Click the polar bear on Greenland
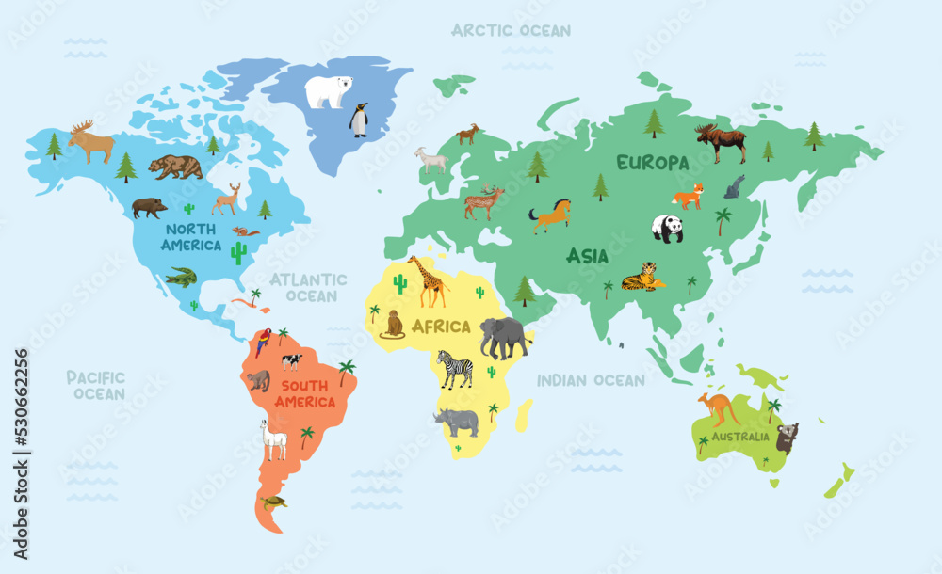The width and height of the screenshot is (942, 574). (x=329, y=91)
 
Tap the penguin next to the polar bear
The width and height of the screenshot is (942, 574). (x=359, y=120)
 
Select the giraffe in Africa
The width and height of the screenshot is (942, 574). (x=430, y=281)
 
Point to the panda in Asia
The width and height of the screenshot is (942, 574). (x=668, y=229)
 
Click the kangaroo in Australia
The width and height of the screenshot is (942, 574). (x=719, y=409)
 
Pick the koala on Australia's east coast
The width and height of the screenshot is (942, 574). (x=787, y=438)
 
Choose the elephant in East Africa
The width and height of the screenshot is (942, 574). (x=504, y=337)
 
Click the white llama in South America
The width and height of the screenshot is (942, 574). (x=273, y=439)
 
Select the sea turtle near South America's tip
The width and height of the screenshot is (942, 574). (x=273, y=502)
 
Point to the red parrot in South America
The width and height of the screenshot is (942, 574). (x=263, y=342)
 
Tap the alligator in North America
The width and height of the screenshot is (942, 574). (x=182, y=277)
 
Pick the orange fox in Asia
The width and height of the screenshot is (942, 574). (x=689, y=197)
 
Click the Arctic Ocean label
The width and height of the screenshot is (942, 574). (x=511, y=30)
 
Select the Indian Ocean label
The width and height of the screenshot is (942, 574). (x=591, y=380)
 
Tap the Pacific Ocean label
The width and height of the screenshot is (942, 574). (x=95, y=385)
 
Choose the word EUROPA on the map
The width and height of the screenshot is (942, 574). (x=653, y=163)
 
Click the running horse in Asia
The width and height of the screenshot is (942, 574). (x=550, y=215)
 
